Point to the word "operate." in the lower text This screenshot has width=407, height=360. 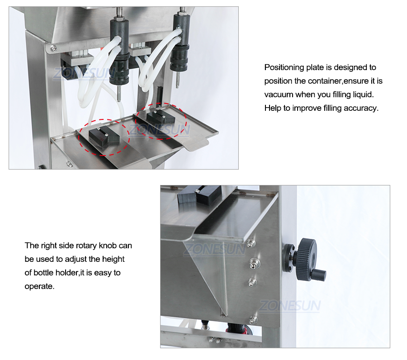(39, 287)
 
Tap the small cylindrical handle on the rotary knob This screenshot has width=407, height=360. (319, 275)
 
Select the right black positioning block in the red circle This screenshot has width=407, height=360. (161, 117)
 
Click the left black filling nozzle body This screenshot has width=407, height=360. (119, 52)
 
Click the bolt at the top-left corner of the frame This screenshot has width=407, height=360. (53, 48)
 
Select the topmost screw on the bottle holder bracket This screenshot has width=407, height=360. (251, 243)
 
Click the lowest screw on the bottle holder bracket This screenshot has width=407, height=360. (253, 319)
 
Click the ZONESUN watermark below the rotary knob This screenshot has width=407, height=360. (290, 306)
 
